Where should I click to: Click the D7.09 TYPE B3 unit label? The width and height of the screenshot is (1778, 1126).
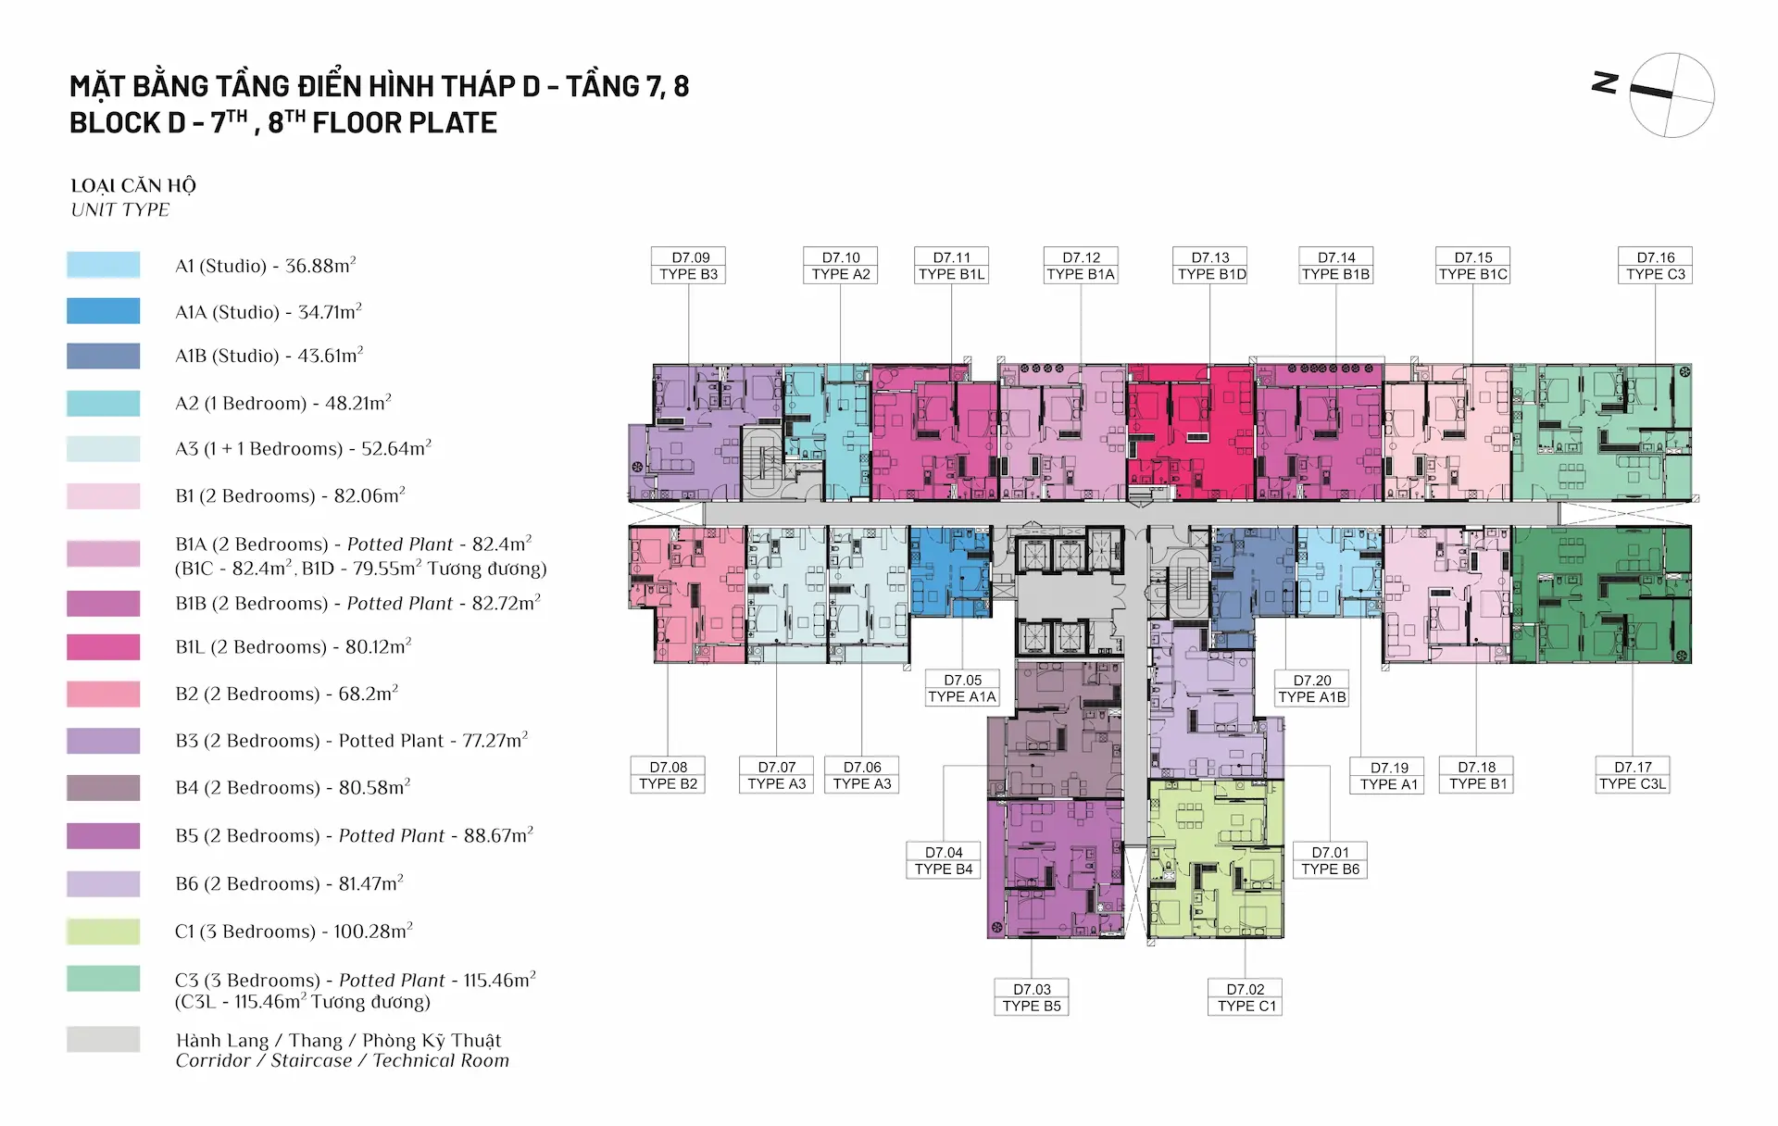click(x=689, y=266)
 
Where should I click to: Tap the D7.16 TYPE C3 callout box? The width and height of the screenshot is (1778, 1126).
click(x=1656, y=266)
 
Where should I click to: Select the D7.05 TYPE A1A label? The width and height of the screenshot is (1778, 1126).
click(x=962, y=688)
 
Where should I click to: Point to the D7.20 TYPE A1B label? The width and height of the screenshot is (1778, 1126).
click(x=1312, y=688)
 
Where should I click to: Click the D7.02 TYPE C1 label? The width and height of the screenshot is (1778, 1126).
click(x=1246, y=997)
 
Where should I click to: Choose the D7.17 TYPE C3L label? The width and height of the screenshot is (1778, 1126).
click(x=1633, y=775)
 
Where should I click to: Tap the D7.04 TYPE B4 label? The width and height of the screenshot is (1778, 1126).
click(x=944, y=860)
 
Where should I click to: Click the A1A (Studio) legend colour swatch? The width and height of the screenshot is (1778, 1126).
click(x=104, y=311)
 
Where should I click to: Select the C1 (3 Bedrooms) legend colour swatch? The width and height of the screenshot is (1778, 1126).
click(x=104, y=932)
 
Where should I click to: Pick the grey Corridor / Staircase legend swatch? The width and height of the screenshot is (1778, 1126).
click(x=104, y=1040)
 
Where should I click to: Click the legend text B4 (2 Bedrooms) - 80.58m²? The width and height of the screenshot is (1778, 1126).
click(x=293, y=787)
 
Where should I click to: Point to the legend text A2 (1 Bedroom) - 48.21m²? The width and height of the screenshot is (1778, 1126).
click(x=283, y=403)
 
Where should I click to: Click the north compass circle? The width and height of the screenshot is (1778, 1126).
click(x=1672, y=95)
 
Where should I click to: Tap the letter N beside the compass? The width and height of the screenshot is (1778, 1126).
click(x=1605, y=83)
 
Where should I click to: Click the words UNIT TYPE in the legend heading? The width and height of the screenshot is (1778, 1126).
click(x=120, y=210)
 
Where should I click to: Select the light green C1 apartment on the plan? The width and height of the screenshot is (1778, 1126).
click(x=1216, y=858)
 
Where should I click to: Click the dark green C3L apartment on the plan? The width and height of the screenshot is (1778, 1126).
click(x=1601, y=594)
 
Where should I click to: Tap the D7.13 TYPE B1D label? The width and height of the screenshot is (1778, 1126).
click(x=1211, y=266)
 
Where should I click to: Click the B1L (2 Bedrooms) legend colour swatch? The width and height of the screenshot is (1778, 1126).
click(x=104, y=647)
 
